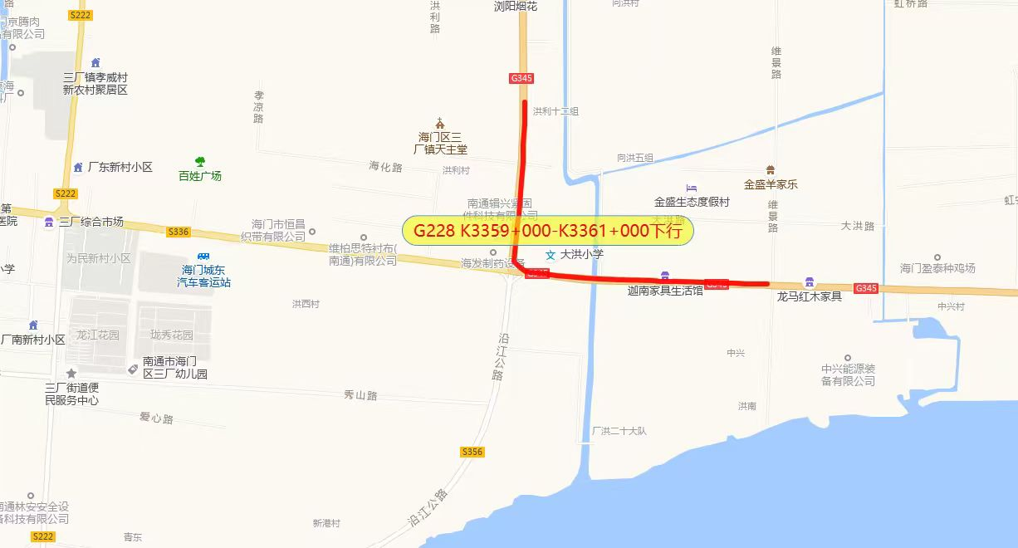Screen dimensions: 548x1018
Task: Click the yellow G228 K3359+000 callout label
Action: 547,230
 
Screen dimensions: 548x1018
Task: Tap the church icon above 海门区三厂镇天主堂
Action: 440,123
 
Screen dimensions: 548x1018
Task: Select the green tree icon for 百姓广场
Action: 199,162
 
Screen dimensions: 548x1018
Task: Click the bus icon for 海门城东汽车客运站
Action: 203,257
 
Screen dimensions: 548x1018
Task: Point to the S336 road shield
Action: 179,232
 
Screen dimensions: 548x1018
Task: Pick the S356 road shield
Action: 472,452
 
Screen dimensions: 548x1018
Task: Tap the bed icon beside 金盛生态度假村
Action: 691,188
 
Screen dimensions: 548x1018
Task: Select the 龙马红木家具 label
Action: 809,296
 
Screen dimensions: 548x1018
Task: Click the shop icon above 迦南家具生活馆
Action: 664,276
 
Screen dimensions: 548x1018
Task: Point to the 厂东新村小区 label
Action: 120,167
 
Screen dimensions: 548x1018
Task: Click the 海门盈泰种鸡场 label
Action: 937,268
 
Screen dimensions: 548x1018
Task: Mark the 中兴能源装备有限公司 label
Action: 848,374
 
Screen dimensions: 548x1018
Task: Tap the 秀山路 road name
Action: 360,396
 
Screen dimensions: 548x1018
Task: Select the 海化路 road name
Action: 385,167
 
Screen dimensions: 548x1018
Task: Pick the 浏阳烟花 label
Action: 516,7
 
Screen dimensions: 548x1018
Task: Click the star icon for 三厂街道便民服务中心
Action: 71,374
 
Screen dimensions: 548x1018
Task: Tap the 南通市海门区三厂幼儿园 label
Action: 174,368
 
